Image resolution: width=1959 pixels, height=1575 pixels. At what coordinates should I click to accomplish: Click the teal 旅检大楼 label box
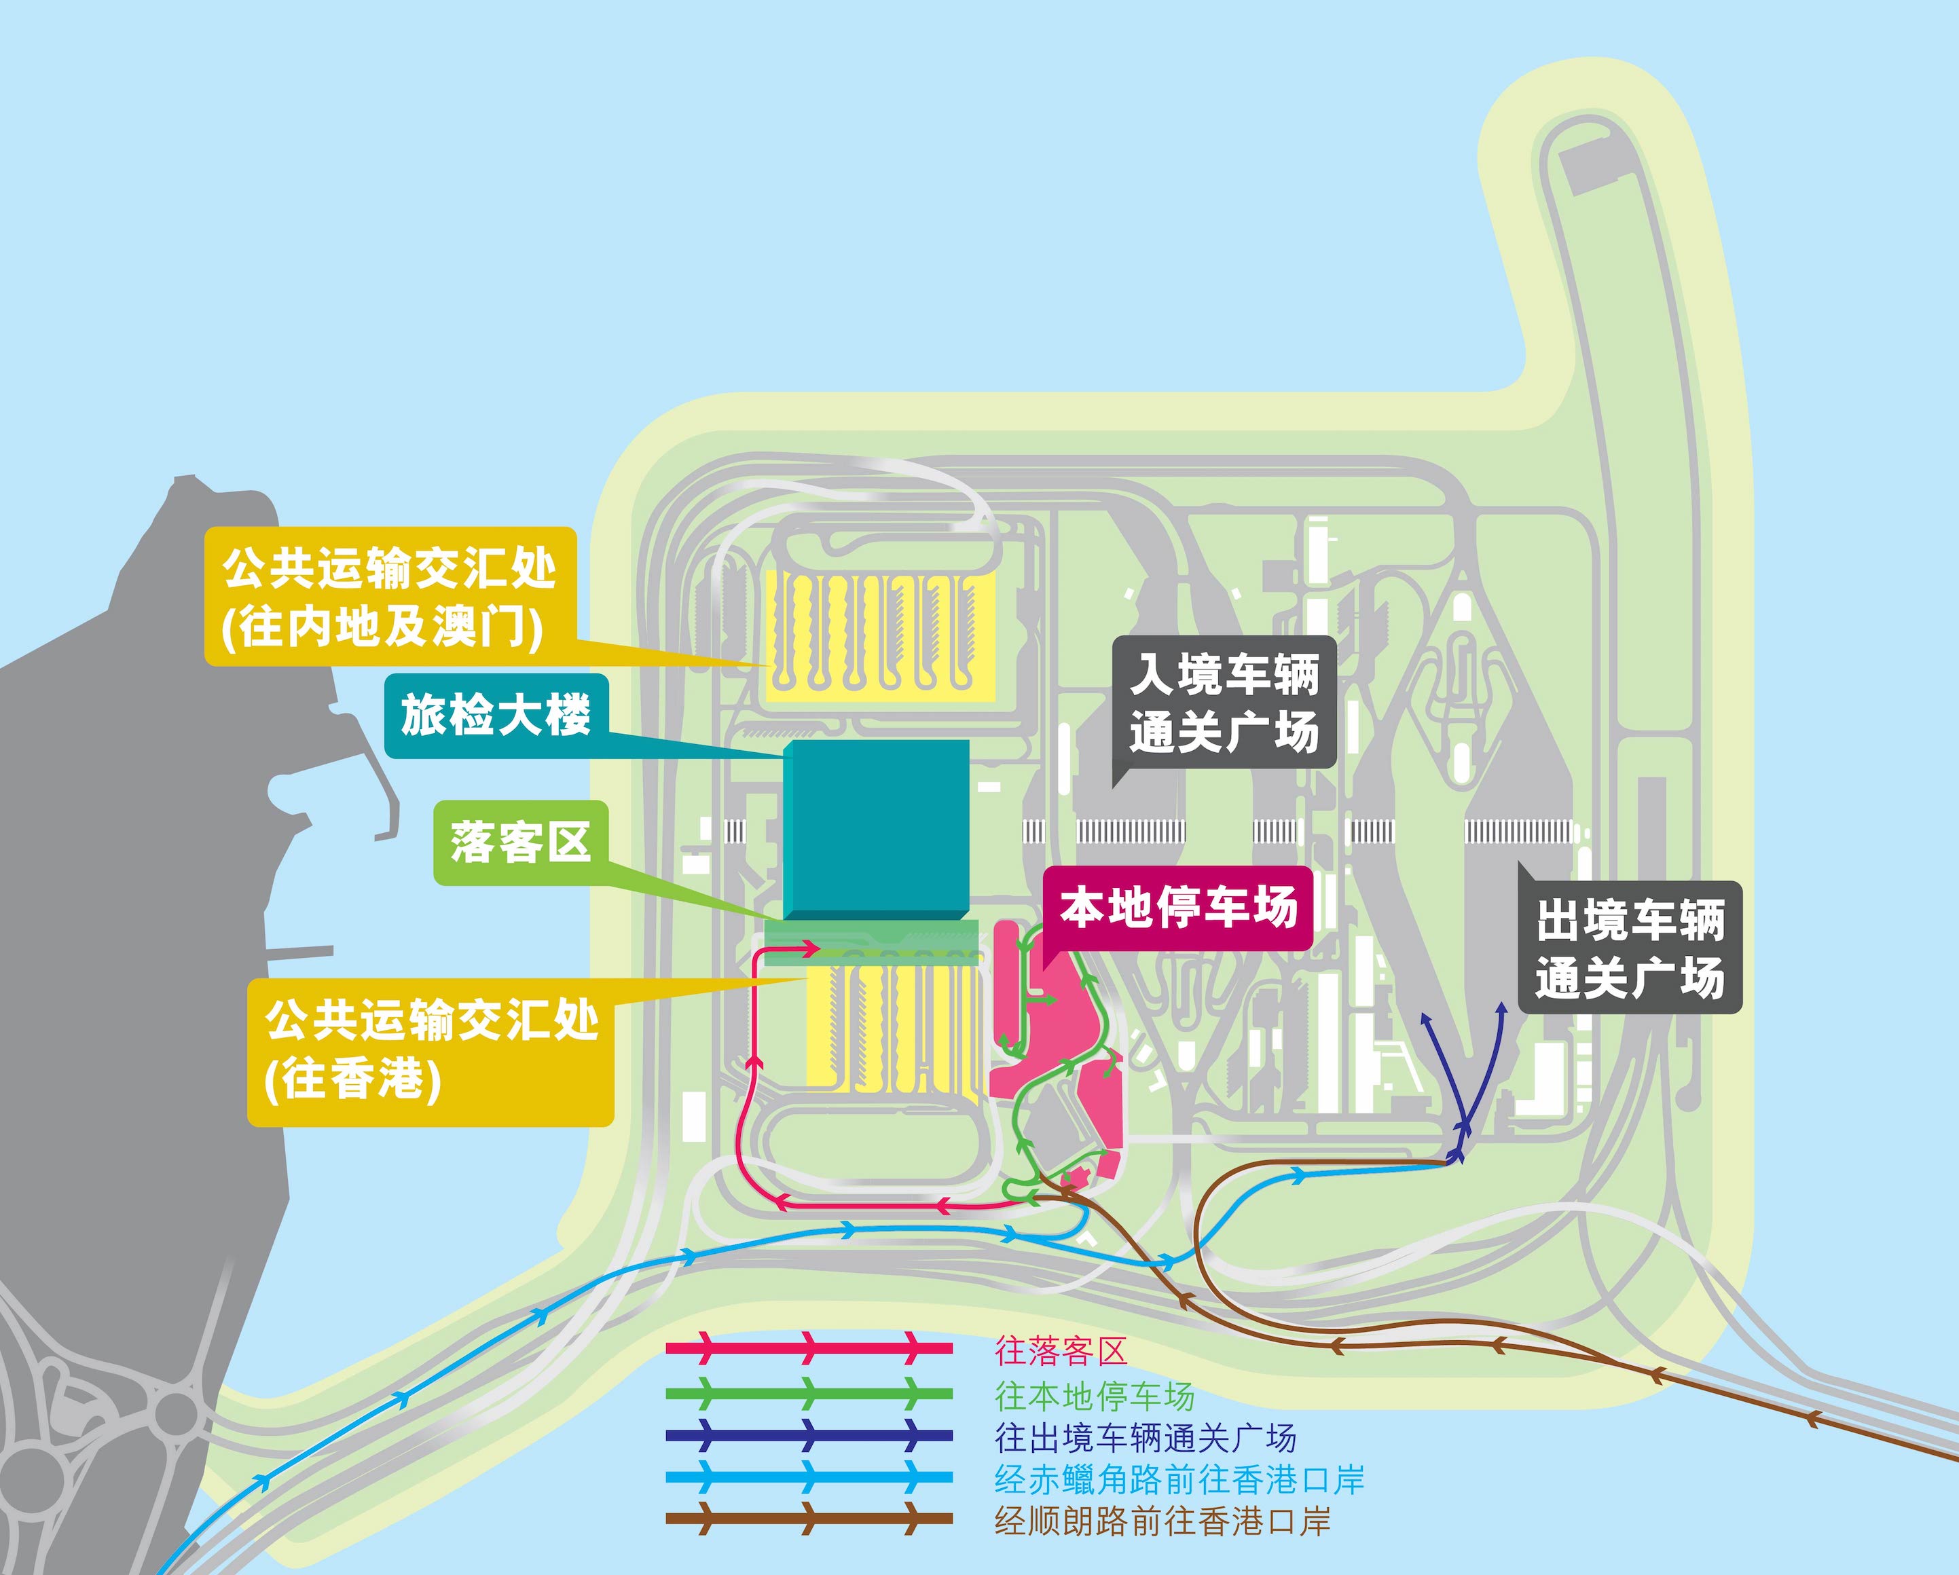[496, 715]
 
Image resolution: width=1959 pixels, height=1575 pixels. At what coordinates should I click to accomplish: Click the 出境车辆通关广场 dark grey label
[1630, 947]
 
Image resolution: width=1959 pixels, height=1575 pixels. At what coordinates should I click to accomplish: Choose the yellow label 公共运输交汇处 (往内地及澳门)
[390, 597]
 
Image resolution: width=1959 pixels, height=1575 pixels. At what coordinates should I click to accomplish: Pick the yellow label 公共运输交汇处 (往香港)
[431, 1052]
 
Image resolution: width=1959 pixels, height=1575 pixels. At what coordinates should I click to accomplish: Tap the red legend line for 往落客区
[809, 1348]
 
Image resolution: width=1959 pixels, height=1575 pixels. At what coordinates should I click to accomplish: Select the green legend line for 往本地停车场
[809, 1393]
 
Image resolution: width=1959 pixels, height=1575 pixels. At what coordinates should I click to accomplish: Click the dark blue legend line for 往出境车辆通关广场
[809, 1436]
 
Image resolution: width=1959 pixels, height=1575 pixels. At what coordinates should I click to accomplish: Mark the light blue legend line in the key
[809, 1478]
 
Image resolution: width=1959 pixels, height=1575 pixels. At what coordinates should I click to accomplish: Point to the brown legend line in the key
[809, 1518]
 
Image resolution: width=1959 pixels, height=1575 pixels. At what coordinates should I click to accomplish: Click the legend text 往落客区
[1061, 1351]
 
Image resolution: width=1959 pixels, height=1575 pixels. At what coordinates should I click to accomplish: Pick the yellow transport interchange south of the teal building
[893, 1032]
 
